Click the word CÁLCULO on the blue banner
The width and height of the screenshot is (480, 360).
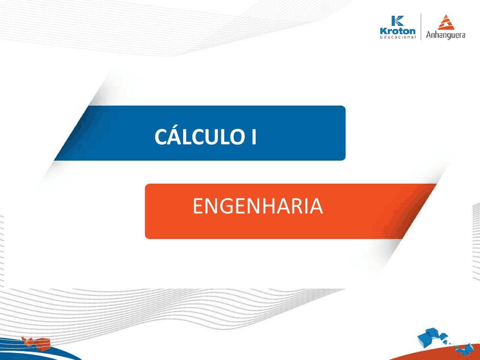(x=199, y=136)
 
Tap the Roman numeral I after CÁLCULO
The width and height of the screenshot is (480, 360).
(x=254, y=137)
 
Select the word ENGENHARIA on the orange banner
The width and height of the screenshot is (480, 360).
(x=258, y=206)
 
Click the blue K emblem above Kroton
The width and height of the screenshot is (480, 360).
(x=397, y=21)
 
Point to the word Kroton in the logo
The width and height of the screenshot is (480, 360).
(x=397, y=31)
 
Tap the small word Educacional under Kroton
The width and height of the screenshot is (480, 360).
(x=397, y=37)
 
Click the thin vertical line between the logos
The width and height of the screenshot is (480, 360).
(x=421, y=27)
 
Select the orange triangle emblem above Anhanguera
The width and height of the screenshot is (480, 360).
(x=446, y=22)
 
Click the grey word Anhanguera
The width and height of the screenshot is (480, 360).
(x=445, y=35)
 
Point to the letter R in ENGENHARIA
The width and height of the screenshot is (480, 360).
(x=300, y=206)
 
